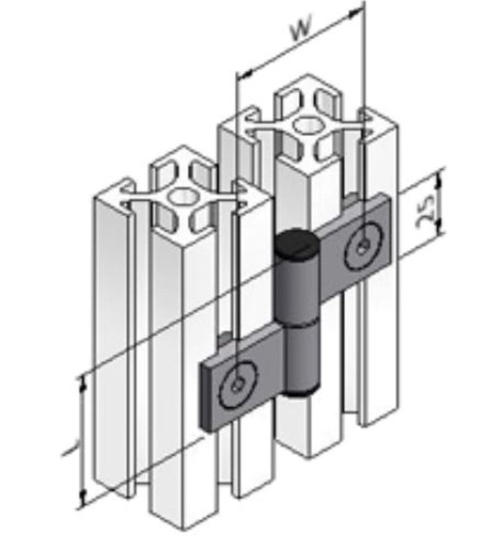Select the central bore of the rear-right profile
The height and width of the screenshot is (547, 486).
coord(308,125)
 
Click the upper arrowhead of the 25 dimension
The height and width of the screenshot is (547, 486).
coord(440,178)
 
